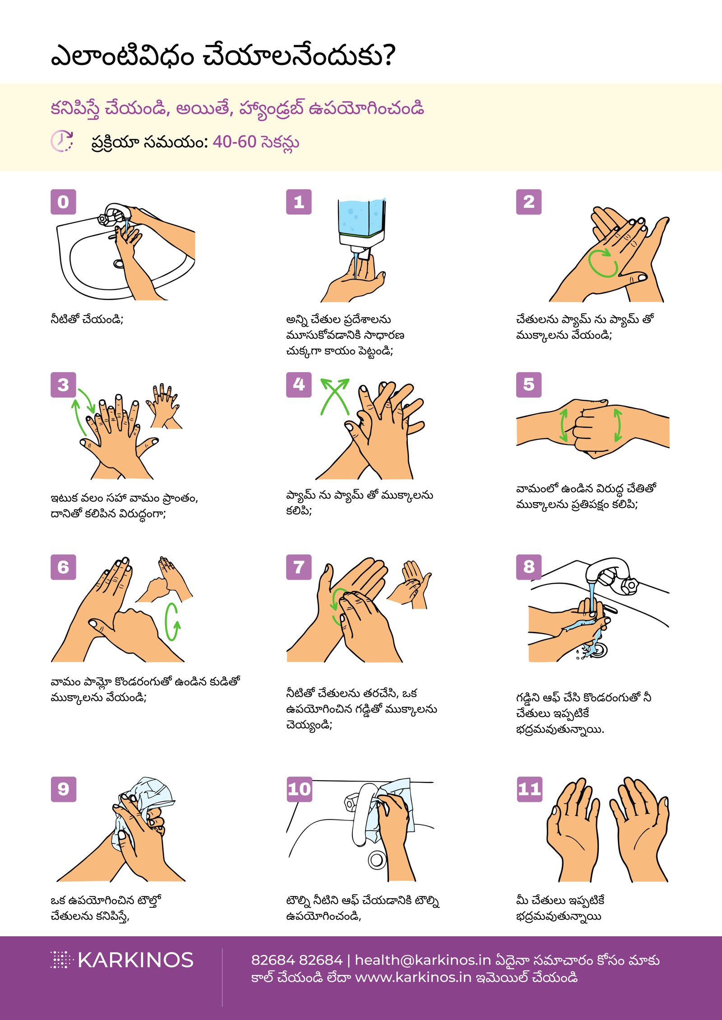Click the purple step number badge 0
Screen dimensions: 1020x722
63,202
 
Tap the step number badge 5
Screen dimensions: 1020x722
528,384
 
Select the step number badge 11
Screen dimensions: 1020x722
529,789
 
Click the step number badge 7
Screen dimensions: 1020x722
299,567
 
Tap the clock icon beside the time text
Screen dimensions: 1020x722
61,141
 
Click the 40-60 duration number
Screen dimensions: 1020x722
234,142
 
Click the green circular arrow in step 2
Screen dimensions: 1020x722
603,263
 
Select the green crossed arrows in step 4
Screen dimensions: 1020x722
334,396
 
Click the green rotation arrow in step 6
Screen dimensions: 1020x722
172,622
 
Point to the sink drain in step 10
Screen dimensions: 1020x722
376,860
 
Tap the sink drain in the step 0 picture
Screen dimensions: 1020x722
119,263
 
